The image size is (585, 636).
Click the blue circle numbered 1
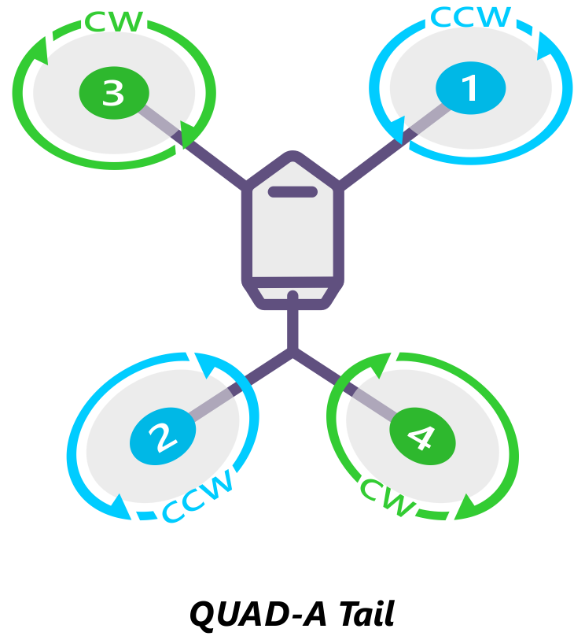point(469,88)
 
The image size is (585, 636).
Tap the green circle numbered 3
point(113,93)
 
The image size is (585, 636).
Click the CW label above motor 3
point(115,21)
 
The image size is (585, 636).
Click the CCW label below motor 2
point(199,497)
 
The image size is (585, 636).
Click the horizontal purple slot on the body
point(292,191)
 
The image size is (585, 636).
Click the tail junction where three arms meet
point(293,352)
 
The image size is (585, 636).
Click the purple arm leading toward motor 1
point(370,165)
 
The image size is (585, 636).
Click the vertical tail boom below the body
point(293,324)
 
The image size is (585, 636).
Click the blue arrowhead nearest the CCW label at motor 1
point(544,49)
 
